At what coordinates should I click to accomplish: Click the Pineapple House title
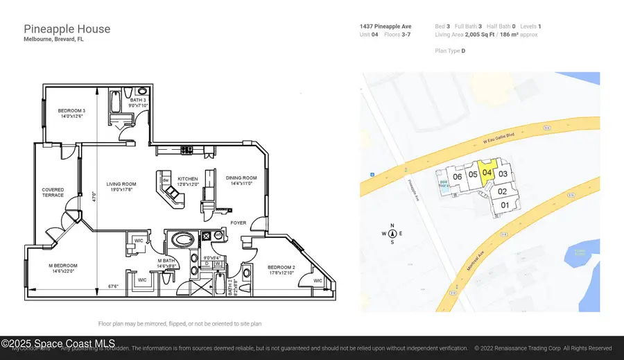[x=67, y=29]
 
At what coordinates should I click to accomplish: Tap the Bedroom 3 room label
[x=71, y=113]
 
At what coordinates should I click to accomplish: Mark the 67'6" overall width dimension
[x=116, y=286]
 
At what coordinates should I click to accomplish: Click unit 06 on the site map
[x=457, y=176]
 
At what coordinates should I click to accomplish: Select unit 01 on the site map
[x=505, y=205]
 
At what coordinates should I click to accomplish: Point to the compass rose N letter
[x=392, y=225]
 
